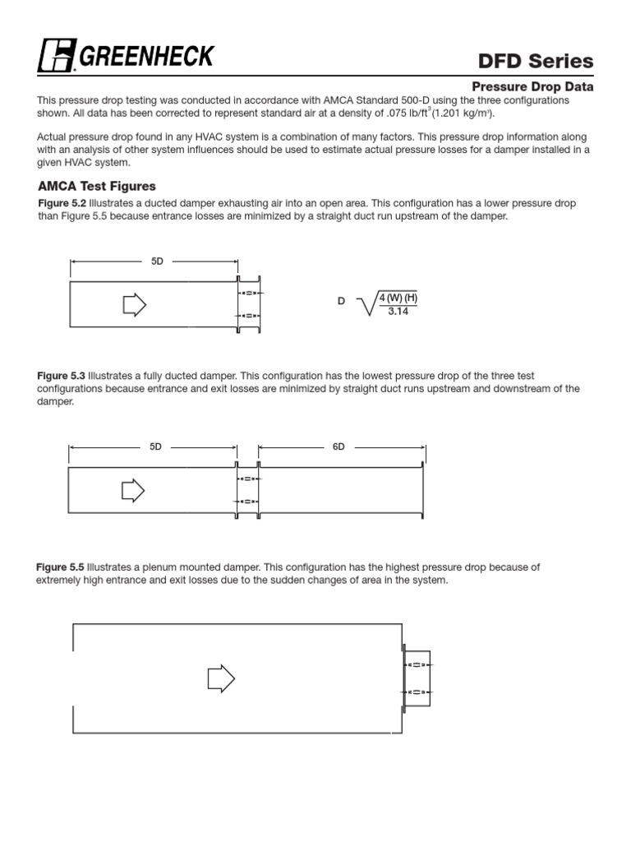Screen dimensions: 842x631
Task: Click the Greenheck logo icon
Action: (x=57, y=56)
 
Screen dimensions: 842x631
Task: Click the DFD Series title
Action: (x=536, y=60)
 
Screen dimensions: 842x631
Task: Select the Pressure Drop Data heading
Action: (x=532, y=86)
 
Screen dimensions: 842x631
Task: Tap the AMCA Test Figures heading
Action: (x=96, y=187)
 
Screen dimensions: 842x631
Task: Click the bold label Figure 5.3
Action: (x=62, y=376)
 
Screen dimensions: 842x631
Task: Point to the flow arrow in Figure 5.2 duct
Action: (x=134, y=305)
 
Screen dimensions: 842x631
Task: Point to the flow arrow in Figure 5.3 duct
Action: (x=132, y=491)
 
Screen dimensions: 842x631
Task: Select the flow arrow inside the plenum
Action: (x=220, y=678)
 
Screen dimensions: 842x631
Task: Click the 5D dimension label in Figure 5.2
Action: (x=157, y=261)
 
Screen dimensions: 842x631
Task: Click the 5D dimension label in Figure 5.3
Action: (x=155, y=446)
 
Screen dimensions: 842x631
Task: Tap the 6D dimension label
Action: (x=339, y=446)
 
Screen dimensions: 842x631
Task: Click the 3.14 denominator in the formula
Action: (x=398, y=310)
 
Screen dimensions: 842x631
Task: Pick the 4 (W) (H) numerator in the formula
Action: (x=398, y=298)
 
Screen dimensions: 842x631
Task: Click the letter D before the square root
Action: (x=341, y=302)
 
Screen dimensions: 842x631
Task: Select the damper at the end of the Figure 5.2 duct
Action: (x=248, y=304)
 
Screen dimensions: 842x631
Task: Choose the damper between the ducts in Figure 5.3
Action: (x=247, y=490)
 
